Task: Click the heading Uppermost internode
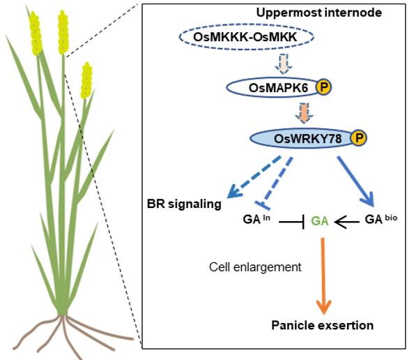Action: tap(319, 13)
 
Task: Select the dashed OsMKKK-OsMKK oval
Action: tap(246, 37)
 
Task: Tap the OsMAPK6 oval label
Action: tap(278, 88)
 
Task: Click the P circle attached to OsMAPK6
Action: tap(323, 87)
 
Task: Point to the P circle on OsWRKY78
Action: tap(358, 137)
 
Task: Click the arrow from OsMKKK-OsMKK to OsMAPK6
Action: tap(284, 63)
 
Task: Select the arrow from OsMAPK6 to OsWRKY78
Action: tap(304, 113)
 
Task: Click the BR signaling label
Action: tap(184, 204)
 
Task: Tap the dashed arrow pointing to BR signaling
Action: tap(254, 177)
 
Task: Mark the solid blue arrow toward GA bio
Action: tap(356, 181)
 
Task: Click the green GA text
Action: tap(320, 221)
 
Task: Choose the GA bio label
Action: tap(381, 219)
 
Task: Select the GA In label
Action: tap(256, 219)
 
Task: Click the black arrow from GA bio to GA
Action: tap(347, 222)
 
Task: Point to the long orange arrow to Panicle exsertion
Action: tap(323, 276)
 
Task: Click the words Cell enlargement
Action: tap(255, 267)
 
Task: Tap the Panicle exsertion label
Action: tap(323, 325)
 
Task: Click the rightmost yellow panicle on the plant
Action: tap(86, 81)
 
